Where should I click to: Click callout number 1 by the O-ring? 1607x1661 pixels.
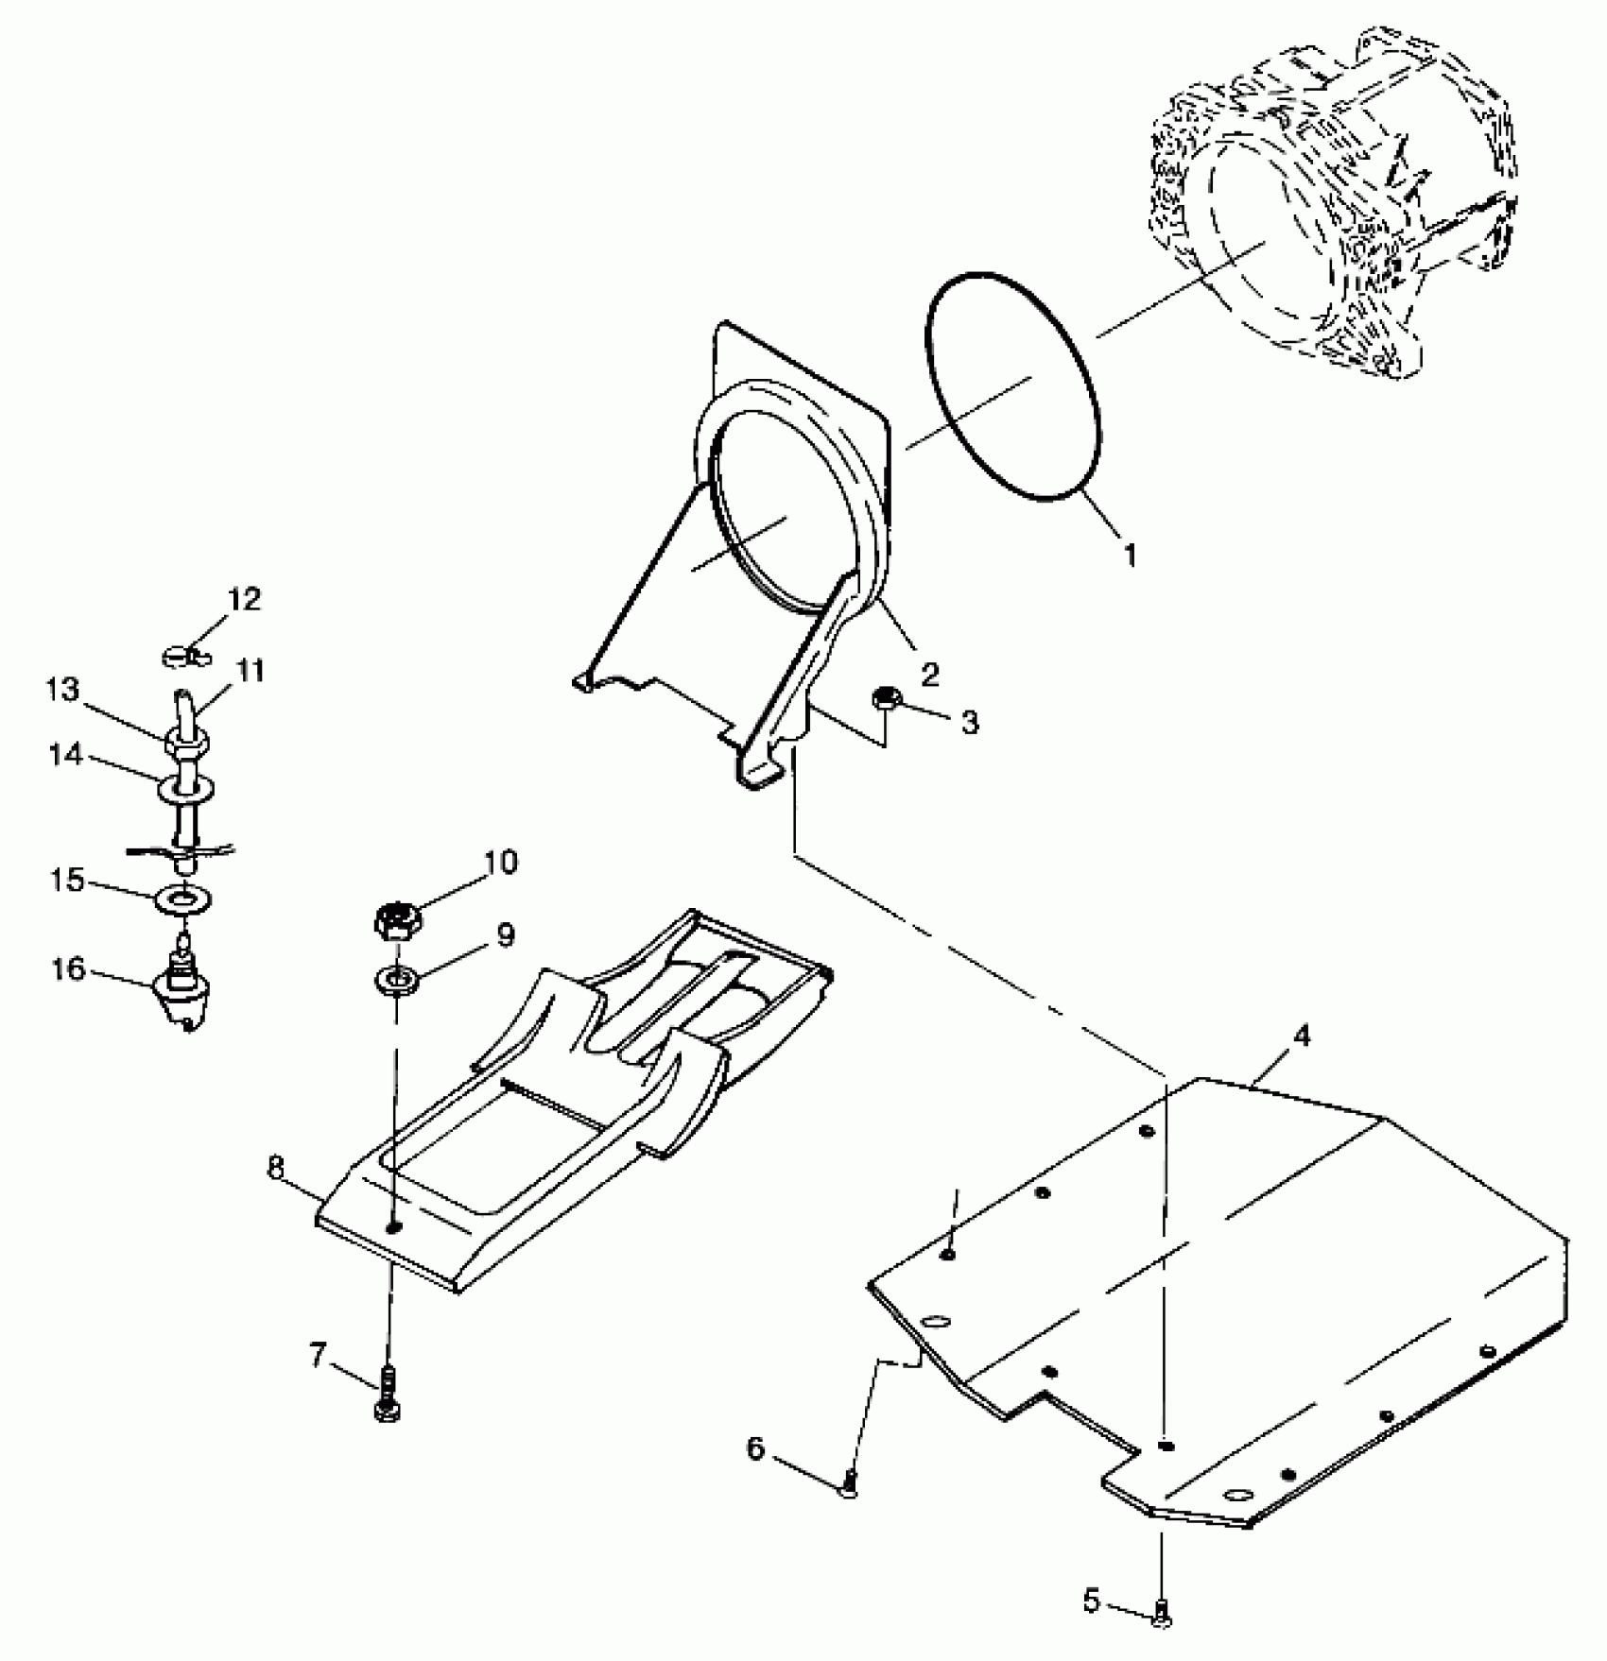click(1130, 554)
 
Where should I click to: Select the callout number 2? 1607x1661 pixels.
click(930, 674)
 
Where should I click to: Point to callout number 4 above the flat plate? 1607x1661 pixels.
click(1302, 1036)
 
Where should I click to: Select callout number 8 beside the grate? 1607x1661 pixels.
click(275, 1168)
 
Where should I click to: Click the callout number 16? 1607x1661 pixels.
click(69, 969)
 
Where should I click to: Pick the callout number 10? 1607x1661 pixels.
click(502, 862)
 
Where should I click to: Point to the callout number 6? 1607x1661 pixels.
click(755, 1447)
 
